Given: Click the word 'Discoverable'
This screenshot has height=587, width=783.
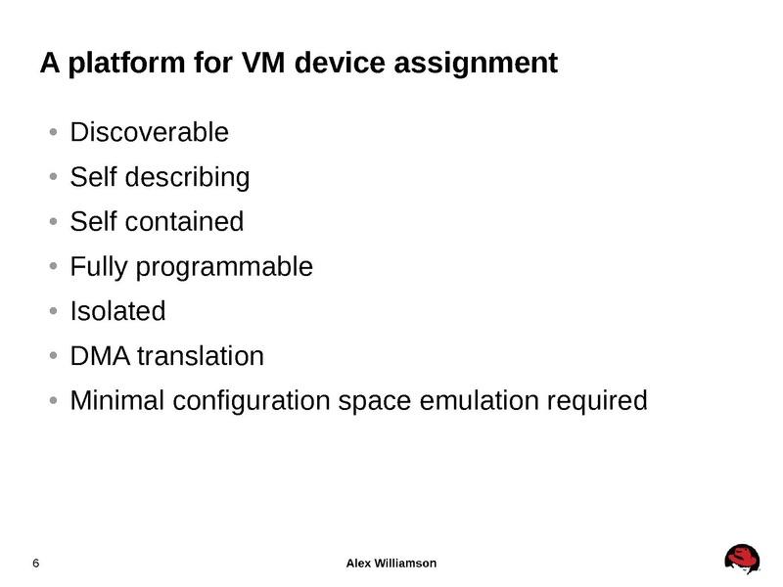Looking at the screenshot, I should pyautogui.click(x=149, y=132).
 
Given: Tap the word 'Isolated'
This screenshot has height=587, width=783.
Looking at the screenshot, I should pyautogui.click(x=117, y=312).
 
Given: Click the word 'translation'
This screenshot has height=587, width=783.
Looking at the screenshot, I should pyautogui.click(x=201, y=356).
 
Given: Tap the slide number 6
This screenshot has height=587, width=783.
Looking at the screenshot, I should pyautogui.click(x=36, y=564).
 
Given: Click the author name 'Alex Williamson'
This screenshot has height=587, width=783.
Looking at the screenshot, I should pyautogui.click(x=391, y=564).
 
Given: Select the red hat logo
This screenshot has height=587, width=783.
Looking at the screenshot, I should pyautogui.click(x=742, y=559).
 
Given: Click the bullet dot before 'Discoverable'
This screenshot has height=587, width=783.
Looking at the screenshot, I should pyautogui.click(x=53, y=132).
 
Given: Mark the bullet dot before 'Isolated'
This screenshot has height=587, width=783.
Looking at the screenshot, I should pyautogui.click(x=53, y=312).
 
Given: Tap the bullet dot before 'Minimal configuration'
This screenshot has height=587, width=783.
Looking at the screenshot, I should pyautogui.click(x=53, y=401).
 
